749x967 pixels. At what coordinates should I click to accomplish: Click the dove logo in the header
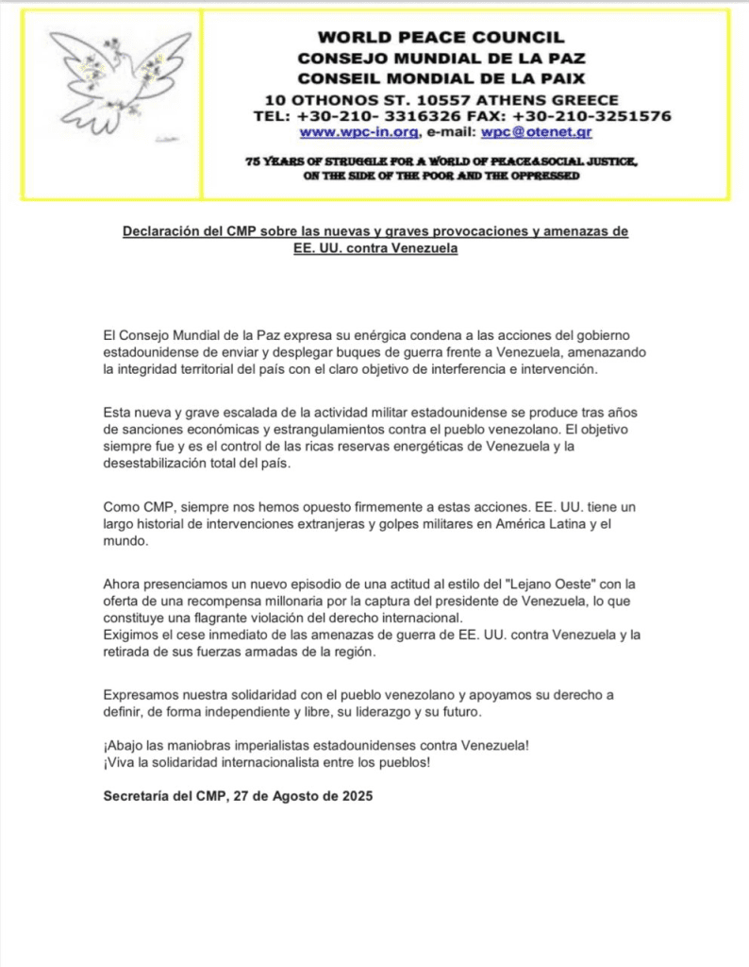109,80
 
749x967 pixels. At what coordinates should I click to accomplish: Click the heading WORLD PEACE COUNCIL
441,38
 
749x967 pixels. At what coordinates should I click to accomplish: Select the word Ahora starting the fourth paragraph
123,585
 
